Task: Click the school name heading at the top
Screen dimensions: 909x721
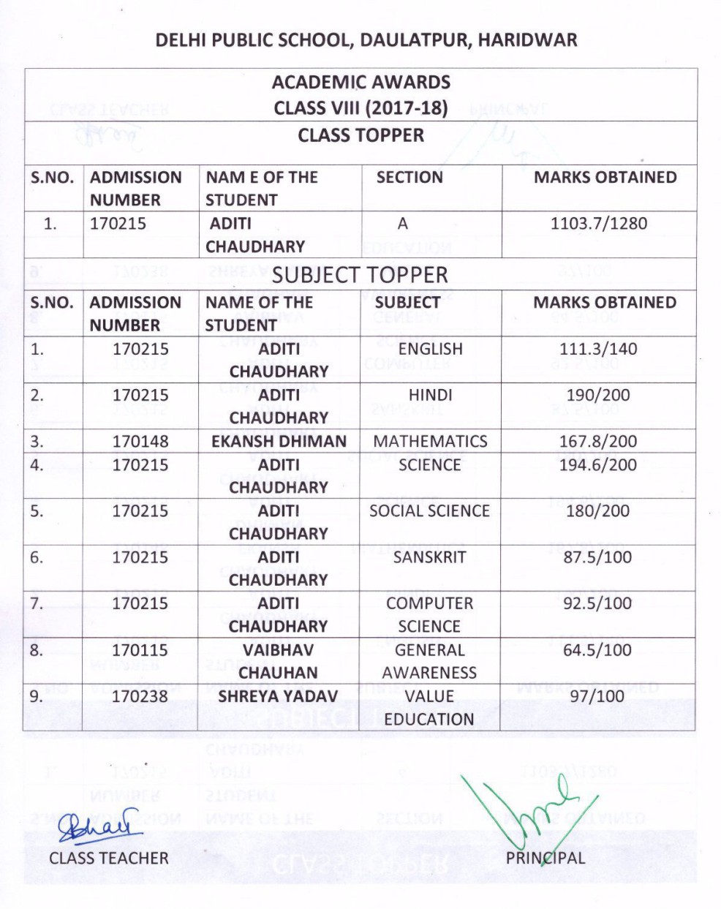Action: click(x=366, y=39)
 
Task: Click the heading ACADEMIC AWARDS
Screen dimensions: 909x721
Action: click(x=361, y=82)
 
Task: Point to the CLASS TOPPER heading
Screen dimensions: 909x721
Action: click(x=361, y=135)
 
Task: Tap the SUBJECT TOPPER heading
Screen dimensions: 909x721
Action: click(x=360, y=275)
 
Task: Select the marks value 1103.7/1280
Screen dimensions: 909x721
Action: click(x=598, y=223)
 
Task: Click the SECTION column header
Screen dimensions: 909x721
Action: click(x=409, y=177)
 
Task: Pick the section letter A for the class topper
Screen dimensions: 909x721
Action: click(x=403, y=223)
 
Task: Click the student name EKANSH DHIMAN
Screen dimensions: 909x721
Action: click(x=279, y=441)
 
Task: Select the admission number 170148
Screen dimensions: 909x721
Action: click(x=140, y=441)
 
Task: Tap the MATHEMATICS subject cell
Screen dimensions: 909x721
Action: click(x=430, y=441)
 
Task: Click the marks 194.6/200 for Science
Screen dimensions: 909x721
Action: click(x=597, y=464)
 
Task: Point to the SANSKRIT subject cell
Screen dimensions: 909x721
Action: click(x=429, y=557)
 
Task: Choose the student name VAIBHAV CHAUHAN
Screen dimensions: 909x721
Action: click(x=279, y=661)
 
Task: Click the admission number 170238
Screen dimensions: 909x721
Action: click(x=140, y=696)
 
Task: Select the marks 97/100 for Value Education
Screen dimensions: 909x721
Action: click(x=597, y=696)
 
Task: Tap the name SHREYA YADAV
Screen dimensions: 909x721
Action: click(x=279, y=696)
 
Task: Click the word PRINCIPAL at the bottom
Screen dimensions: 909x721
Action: click(x=546, y=858)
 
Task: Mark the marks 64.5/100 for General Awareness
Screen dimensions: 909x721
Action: click(x=597, y=650)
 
